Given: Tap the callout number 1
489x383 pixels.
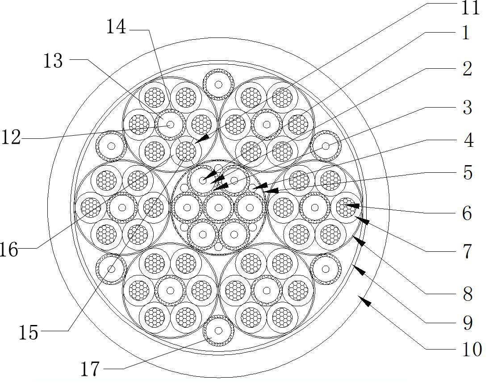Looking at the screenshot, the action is [x=465, y=33].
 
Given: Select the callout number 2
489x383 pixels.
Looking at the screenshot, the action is [x=467, y=69].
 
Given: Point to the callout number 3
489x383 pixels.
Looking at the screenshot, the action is [x=467, y=108].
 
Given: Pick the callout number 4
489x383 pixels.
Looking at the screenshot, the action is [x=468, y=141].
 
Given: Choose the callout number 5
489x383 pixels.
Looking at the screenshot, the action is [x=468, y=173].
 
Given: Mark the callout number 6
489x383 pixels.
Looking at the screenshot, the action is [x=467, y=213].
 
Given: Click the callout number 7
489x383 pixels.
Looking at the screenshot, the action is [x=467, y=252].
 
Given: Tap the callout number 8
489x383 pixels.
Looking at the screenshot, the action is [x=468, y=294].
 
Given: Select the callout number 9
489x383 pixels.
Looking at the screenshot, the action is [x=468, y=323].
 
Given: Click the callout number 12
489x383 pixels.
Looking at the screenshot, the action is [x=11, y=137].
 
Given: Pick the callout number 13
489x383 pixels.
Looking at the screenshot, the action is [x=53, y=61].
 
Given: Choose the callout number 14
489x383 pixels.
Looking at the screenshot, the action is [x=116, y=27].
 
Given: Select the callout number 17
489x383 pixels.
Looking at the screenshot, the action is [x=92, y=369].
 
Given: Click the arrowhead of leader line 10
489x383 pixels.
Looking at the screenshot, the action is [x=364, y=301].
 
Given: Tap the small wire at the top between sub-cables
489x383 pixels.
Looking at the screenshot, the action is [x=218, y=84].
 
